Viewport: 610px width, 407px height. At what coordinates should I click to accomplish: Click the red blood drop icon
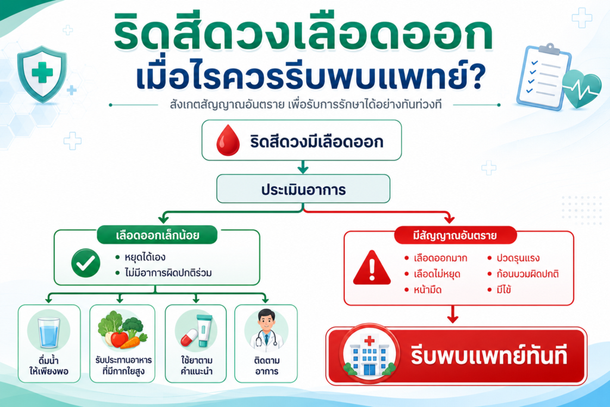tap(228, 141)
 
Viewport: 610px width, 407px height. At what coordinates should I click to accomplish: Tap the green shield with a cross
tap(42, 74)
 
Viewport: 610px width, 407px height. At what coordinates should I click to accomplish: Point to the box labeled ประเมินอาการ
tap(303, 189)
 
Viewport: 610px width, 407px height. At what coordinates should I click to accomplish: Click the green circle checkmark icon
tap(86, 263)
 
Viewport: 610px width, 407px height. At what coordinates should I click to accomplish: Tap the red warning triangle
tap(372, 268)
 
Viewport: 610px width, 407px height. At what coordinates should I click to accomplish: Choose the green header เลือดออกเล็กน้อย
tap(157, 235)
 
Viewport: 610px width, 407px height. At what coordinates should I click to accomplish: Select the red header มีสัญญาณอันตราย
tap(455, 235)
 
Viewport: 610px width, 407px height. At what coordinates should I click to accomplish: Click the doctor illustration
tap(266, 330)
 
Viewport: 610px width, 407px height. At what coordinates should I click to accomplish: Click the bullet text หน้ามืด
tap(428, 290)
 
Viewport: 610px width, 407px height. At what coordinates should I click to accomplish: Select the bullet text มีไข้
tap(504, 290)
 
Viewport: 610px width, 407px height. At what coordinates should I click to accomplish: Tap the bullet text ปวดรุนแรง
tap(518, 259)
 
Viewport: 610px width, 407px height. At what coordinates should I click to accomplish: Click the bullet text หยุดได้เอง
tap(145, 257)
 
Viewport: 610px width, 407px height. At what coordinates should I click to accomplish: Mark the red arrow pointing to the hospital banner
tap(453, 315)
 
